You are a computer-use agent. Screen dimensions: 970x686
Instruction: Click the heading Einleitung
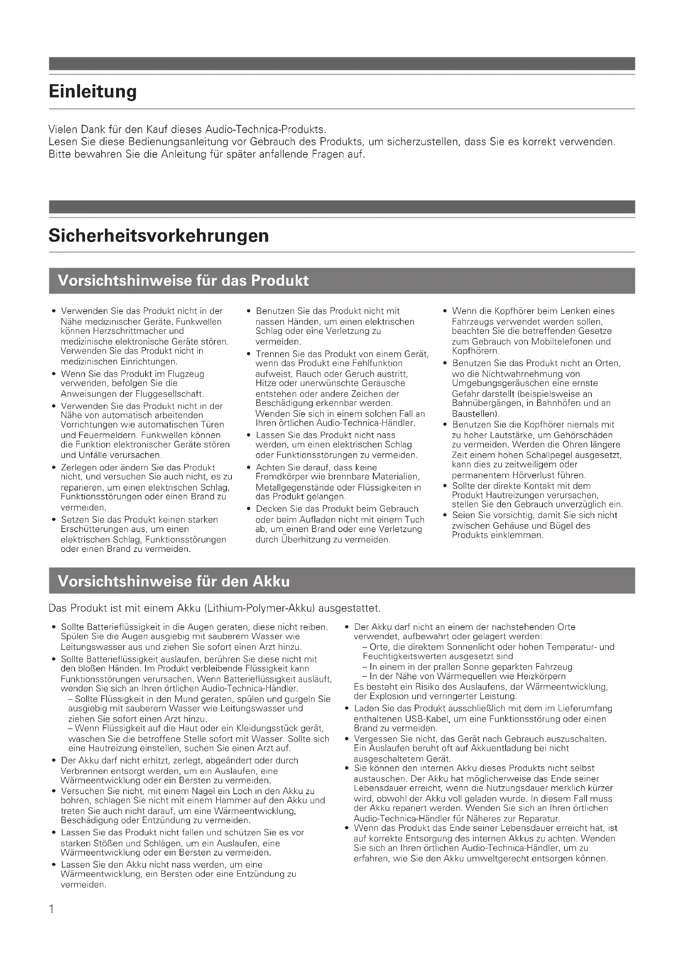click(x=92, y=91)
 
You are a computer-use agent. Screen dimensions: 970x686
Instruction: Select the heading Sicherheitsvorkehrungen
click(x=158, y=235)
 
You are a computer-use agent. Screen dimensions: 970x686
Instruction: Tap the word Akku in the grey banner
click(x=271, y=581)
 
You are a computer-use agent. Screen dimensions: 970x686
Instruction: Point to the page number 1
click(x=51, y=909)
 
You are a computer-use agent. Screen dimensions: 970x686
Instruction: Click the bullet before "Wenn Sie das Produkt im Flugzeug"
click(x=54, y=374)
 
